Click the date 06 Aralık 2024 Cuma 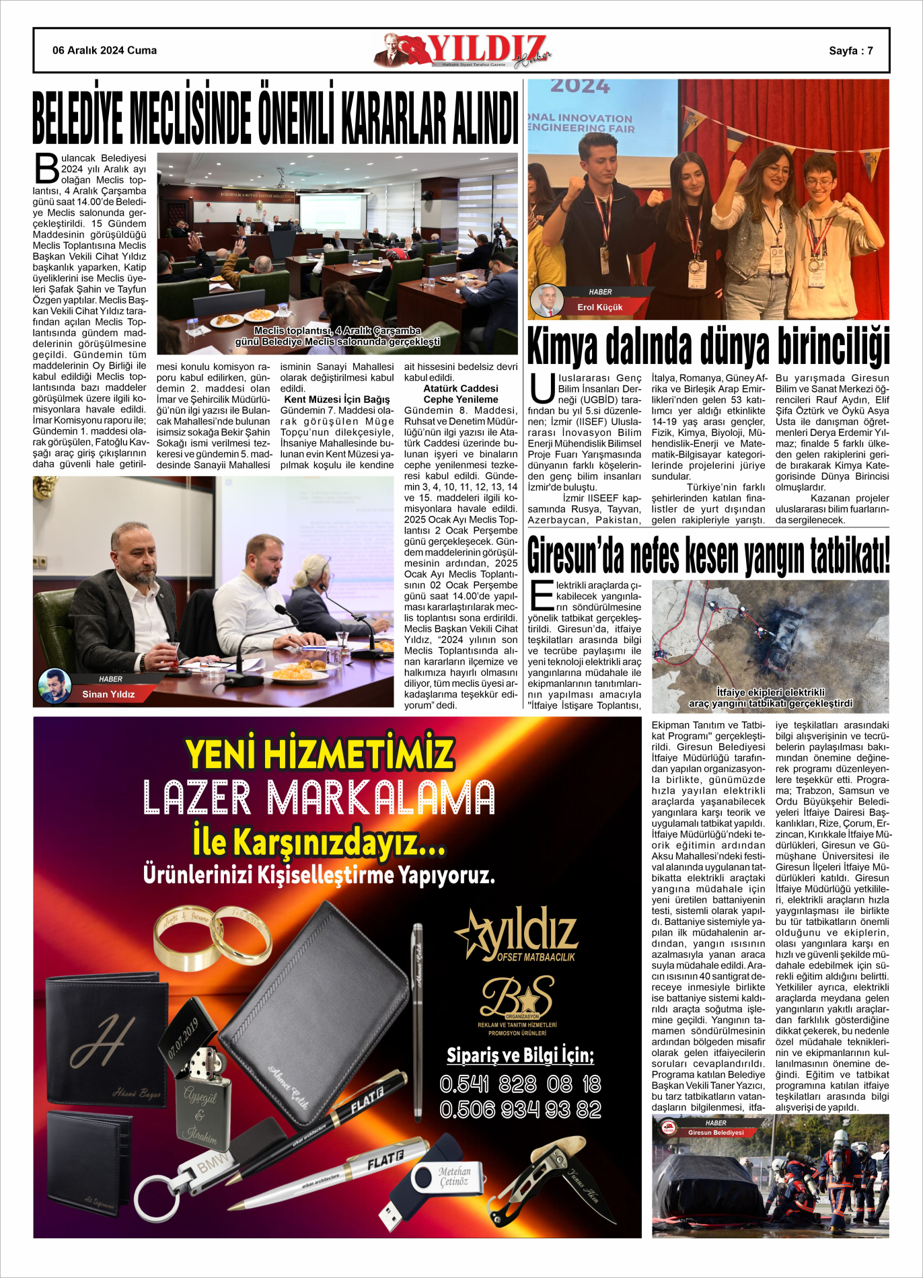[104, 50]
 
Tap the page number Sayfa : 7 [850, 50]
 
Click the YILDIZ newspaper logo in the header [464, 50]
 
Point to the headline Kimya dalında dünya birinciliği [708, 347]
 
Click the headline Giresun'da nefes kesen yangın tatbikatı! [708, 556]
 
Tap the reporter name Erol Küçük [599, 307]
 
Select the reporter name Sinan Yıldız [108, 694]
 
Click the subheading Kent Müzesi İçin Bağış [336, 400]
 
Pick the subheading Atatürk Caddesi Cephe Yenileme [461, 394]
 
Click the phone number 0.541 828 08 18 [520, 1084]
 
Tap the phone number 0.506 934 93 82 [520, 1109]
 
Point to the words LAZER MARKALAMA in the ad [319, 798]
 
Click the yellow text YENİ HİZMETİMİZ [320, 754]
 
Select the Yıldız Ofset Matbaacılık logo [517, 934]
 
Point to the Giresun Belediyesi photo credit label [715, 1133]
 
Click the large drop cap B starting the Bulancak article [47, 168]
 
